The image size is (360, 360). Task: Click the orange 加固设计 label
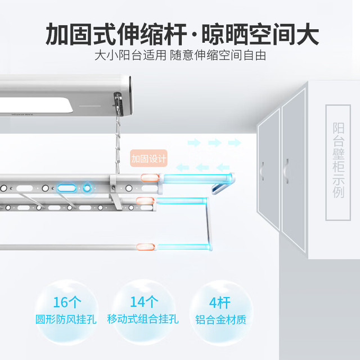tap(148, 158)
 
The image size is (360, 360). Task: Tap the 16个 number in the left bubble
tap(67, 302)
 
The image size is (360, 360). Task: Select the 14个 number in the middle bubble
tap(144, 301)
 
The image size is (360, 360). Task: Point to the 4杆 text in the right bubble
tap(219, 303)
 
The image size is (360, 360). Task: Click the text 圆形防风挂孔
tap(66, 319)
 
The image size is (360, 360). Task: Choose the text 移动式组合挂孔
tap(143, 319)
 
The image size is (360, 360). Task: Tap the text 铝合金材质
tap(220, 319)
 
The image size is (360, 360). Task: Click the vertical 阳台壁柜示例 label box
tap(338, 163)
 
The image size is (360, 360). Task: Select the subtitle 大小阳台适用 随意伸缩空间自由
tap(180, 56)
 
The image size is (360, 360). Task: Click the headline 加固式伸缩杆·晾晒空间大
tap(182, 34)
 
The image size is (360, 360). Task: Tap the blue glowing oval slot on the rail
tap(66, 188)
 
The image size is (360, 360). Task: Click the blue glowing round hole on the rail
tap(87, 188)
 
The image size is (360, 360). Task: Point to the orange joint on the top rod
tap(150, 178)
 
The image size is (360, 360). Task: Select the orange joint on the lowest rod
tap(145, 247)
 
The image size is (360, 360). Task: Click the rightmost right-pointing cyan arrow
tap(235, 142)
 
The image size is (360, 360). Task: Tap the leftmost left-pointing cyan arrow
tap(182, 168)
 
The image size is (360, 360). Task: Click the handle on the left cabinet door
tap(262, 171)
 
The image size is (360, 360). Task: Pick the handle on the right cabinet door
tap(286, 171)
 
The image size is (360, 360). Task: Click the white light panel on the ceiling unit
tap(35, 105)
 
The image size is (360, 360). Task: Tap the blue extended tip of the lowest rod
tap(183, 247)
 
